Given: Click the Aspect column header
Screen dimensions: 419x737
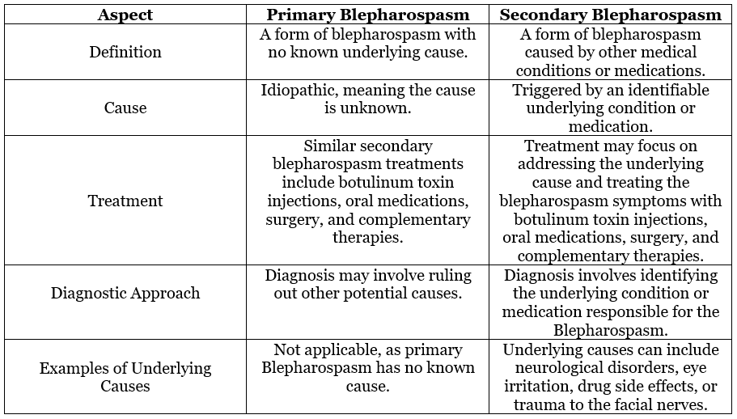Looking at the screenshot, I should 125,15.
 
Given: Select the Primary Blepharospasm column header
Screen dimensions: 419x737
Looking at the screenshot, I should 368,15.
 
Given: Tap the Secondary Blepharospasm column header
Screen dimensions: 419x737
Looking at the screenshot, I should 610,15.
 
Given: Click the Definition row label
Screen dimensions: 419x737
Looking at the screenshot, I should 125,52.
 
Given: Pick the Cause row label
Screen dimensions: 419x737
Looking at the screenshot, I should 125,108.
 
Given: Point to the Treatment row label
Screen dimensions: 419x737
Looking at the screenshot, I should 125,201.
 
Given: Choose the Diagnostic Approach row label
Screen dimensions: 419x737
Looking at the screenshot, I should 125,293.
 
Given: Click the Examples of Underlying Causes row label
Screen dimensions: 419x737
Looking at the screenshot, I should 125,377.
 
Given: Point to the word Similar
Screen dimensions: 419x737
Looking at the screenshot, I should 333,146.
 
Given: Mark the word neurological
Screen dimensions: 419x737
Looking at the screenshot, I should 548,368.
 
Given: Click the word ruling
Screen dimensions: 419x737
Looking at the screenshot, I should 434,275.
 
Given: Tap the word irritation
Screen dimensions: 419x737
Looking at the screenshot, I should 542,387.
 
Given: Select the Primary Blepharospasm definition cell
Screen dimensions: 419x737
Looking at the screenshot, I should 368,52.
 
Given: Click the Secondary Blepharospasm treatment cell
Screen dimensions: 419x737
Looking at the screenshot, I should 610,201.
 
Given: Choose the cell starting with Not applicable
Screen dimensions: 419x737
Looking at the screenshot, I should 368,368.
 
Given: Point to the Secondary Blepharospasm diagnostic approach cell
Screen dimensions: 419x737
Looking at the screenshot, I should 610,302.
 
